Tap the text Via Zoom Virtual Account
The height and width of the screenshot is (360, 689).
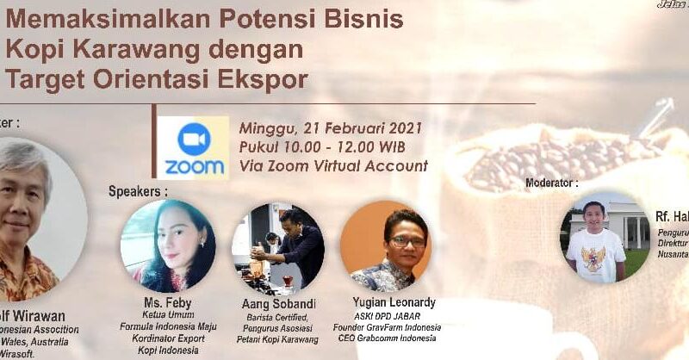[334, 165]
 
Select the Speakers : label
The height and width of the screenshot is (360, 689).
[138, 191]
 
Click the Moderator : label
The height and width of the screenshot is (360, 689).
[552, 183]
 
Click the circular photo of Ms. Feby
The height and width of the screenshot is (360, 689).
[167, 245]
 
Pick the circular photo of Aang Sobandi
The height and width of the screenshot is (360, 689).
[277, 247]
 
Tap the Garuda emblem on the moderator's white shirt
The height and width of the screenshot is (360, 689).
[595, 258]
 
